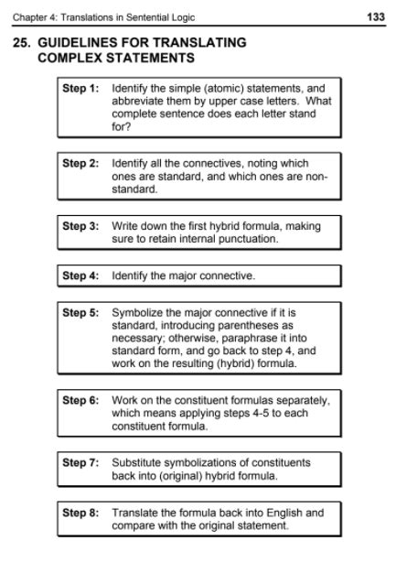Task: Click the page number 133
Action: (376, 17)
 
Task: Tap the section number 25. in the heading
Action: (23, 43)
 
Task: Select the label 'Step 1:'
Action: (80, 89)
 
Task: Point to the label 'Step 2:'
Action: (80, 164)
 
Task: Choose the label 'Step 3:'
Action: (80, 225)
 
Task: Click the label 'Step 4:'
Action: (80, 275)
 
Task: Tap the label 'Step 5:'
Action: (80, 312)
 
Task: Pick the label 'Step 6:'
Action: (80, 400)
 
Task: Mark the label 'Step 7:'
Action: (80, 462)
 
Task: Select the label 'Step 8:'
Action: (80, 513)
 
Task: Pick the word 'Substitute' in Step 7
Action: (137, 462)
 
